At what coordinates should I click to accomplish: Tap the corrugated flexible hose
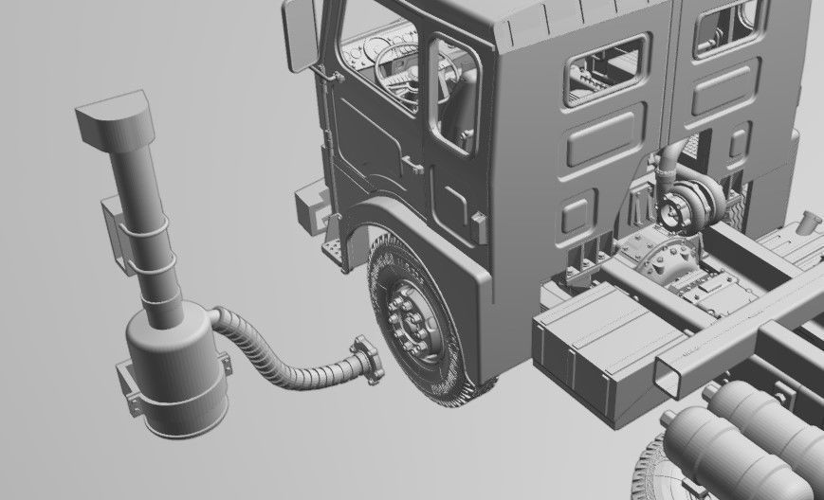(275, 364)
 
